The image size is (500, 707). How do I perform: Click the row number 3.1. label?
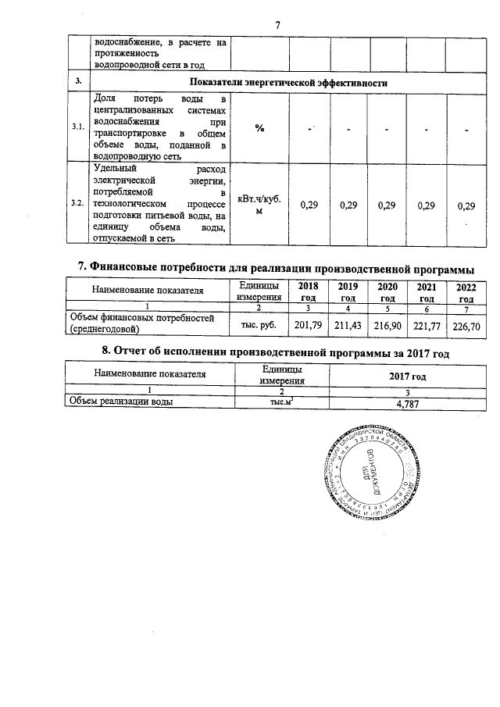(x=77, y=127)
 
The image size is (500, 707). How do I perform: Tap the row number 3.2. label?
(x=77, y=203)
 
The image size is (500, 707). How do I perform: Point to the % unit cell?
(x=258, y=128)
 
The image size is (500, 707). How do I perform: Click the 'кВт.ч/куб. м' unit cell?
(x=258, y=204)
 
